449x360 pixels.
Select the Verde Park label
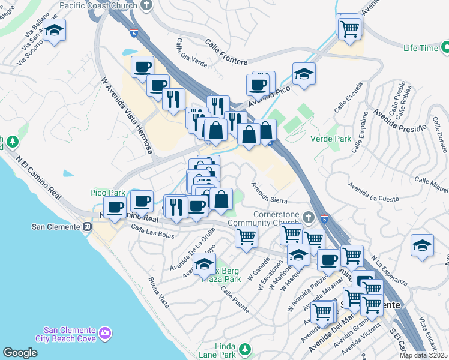[330, 139]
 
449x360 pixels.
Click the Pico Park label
[107, 193]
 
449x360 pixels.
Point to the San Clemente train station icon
[88, 227]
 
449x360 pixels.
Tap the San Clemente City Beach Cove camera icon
[106, 332]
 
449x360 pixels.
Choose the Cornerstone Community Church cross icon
[309, 217]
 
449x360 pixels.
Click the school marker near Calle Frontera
[304, 74]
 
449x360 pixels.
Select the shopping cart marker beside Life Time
[349, 27]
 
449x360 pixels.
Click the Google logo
[20, 353]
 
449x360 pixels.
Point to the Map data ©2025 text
[423, 355]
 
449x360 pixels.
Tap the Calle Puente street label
[235, 299]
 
